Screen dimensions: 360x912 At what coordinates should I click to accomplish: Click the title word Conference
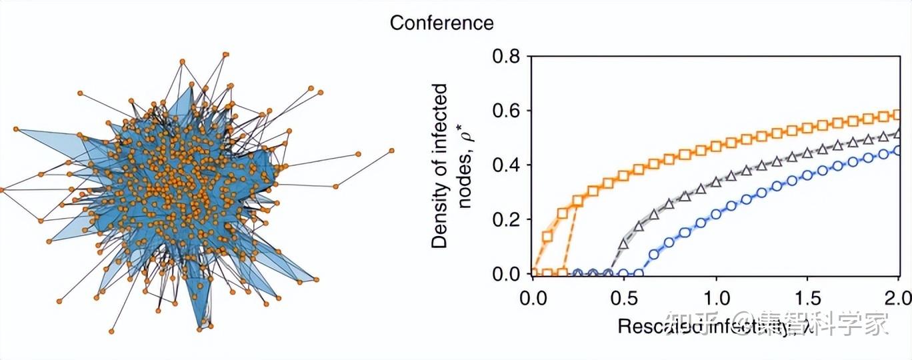[441, 23]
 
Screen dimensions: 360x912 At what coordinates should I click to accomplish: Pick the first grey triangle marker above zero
[623, 244]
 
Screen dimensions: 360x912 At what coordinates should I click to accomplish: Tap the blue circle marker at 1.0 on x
[716, 214]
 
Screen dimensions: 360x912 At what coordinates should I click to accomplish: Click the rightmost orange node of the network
[392, 151]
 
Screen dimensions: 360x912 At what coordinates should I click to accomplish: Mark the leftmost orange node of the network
[2, 190]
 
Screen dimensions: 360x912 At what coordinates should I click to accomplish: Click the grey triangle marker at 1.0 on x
[716, 181]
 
